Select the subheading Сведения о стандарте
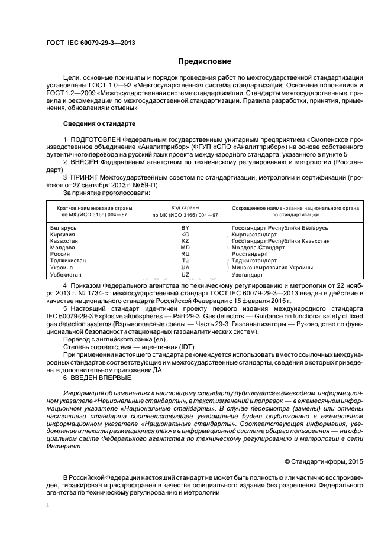click(x=99, y=124)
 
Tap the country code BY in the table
click(x=185, y=227)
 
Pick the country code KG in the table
click(x=185, y=234)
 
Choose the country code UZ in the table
click(x=185, y=275)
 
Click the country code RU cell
click(x=185, y=254)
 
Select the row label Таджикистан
click(x=69, y=261)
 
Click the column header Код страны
click(x=185, y=208)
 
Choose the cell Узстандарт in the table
click(x=247, y=275)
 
